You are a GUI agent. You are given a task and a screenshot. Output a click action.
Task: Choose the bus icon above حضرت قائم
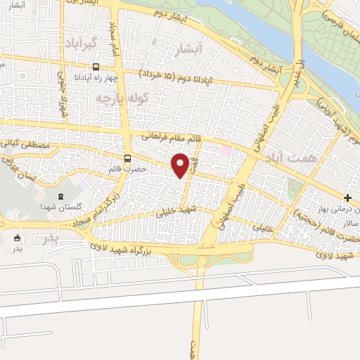click(127, 158)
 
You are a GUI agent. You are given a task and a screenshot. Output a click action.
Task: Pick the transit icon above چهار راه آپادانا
click(95, 69)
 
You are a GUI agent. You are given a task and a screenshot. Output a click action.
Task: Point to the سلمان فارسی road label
click(341, 21)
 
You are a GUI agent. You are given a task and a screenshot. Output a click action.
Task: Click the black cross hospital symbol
click(348, 198)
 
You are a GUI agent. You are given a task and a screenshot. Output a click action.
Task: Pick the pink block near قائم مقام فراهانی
click(226, 150)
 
